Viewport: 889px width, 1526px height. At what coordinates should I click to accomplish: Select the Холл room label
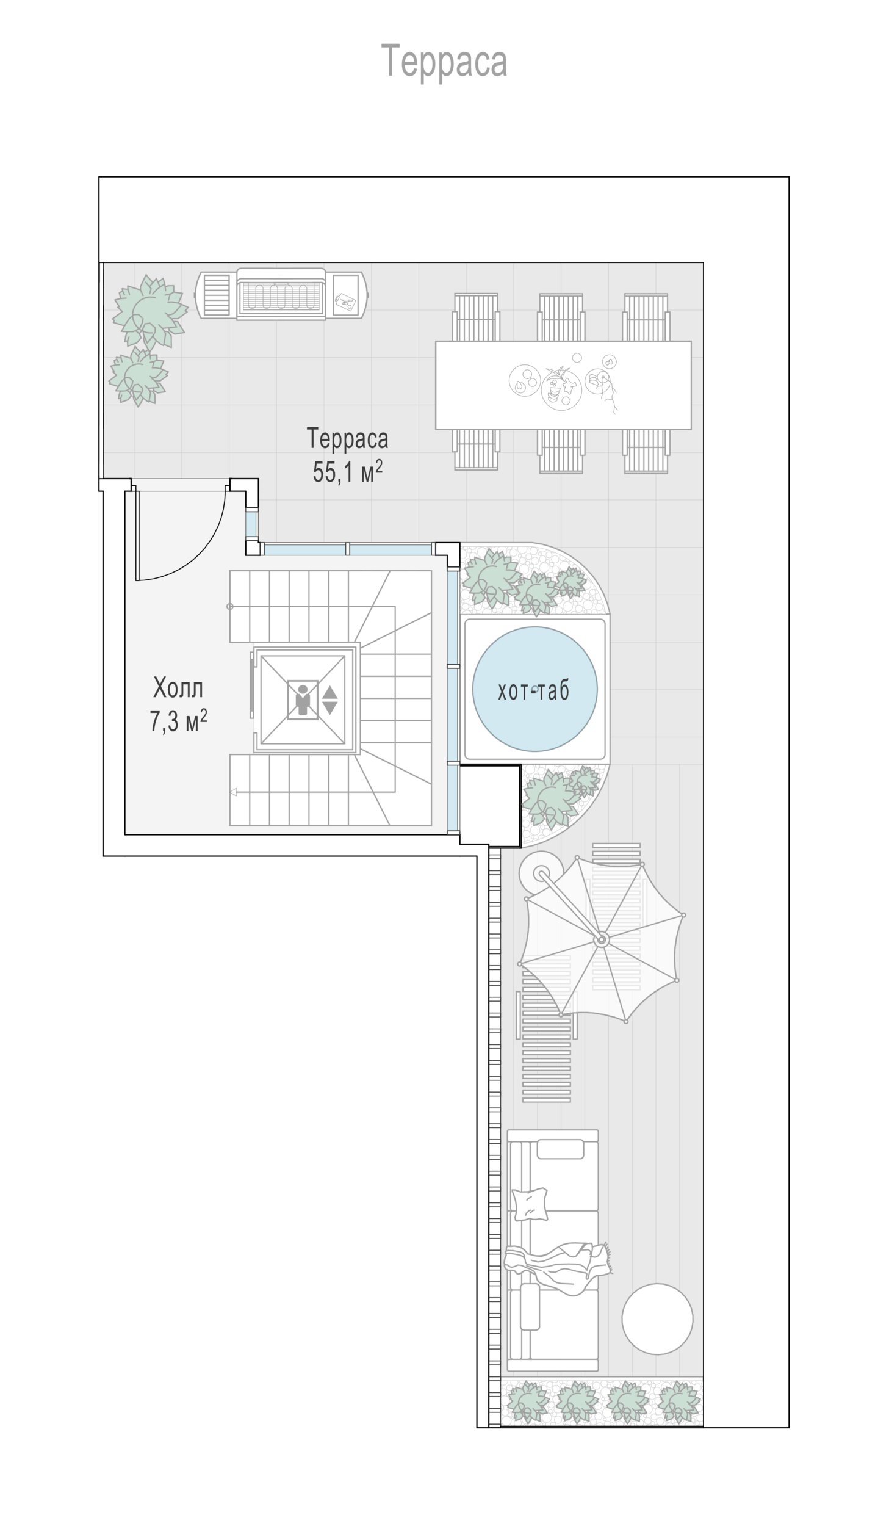pos(178,689)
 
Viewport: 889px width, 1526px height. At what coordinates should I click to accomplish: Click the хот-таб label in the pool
pos(534,691)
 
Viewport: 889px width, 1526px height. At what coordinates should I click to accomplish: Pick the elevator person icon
pos(303,700)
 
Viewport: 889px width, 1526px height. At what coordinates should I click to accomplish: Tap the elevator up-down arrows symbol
pos(329,700)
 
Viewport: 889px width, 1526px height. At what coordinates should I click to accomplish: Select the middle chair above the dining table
pos(560,317)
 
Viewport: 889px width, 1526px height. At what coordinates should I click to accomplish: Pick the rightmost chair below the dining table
pos(646,450)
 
